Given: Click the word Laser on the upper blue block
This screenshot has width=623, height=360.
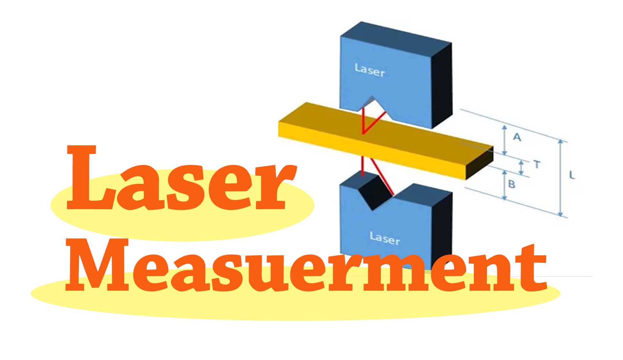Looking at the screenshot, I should [369, 70].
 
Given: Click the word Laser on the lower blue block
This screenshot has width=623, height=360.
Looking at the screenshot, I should [385, 238].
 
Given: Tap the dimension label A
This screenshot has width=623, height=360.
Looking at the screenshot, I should [517, 137].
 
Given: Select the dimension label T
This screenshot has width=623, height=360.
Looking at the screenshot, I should [537, 165].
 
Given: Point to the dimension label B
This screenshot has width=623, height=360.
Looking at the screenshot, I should [512, 184].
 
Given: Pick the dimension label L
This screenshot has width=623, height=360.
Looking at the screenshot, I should [572, 175].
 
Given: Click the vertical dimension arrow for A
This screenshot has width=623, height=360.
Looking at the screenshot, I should [505, 140].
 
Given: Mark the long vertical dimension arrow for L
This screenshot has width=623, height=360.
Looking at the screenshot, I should [561, 178].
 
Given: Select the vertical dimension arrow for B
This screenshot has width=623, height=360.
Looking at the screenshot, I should [505, 185].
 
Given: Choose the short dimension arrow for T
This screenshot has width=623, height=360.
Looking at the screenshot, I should [521, 167].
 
